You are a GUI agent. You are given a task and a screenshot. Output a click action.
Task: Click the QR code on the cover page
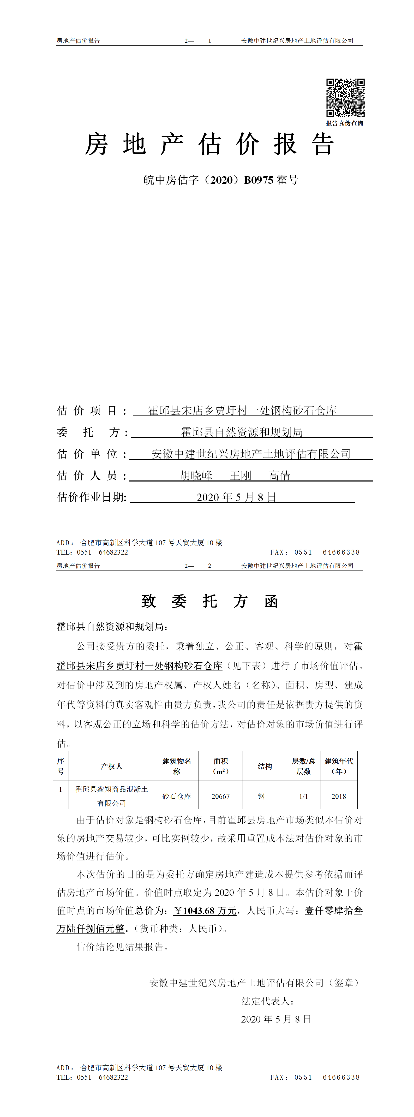pyautogui.click(x=345, y=98)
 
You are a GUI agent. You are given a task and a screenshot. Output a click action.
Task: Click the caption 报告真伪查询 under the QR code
pyautogui.click(x=345, y=124)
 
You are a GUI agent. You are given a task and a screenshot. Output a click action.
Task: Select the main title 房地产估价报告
pyautogui.click(x=209, y=144)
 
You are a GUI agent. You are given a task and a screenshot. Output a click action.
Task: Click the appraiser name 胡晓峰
pyautogui.click(x=196, y=476)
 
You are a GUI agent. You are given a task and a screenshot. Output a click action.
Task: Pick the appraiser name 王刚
pyautogui.click(x=241, y=476)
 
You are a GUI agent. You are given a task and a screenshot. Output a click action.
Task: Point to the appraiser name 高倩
pyautogui.click(x=279, y=476)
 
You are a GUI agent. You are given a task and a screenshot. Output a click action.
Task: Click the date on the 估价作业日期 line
pyautogui.click(x=236, y=497)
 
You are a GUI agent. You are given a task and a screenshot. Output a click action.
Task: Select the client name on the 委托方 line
pyautogui.click(x=242, y=432)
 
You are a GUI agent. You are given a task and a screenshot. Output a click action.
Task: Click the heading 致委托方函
pyautogui.click(x=209, y=601)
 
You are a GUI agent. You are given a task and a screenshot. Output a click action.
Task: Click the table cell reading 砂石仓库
pyautogui.click(x=176, y=796)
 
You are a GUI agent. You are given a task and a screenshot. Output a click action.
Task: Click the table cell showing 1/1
pyautogui.click(x=303, y=796)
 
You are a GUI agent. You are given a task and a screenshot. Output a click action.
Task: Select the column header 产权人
pyautogui.click(x=111, y=766)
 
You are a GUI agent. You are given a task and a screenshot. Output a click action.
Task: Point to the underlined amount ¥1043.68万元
pyautogui.click(x=205, y=911)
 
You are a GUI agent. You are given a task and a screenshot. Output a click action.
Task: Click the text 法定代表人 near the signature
pyautogui.click(x=267, y=1001)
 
